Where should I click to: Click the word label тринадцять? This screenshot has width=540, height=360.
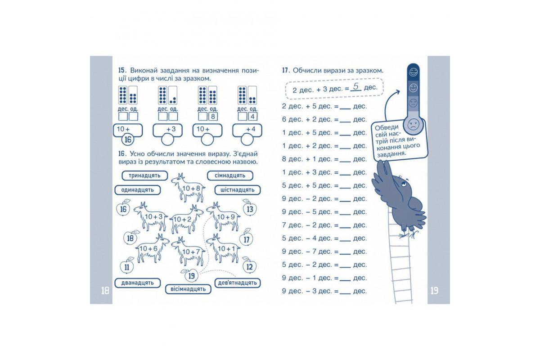[144, 175]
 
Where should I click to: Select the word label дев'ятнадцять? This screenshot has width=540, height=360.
[238, 283]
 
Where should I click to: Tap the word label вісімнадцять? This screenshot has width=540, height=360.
[188, 289]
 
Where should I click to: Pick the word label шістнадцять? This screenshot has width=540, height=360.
[238, 190]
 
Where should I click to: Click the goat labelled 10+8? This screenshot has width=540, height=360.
[189, 188]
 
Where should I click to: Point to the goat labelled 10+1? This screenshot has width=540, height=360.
[223, 248]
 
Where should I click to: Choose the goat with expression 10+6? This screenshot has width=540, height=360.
[153, 248]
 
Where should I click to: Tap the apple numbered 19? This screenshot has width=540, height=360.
[191, 275]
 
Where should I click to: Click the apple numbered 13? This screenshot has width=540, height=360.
[249, 208]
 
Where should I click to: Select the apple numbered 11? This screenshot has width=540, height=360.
[127, 266]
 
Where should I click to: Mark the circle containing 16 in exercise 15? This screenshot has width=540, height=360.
[128, 139]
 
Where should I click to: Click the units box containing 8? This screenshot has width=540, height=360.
[213, 117]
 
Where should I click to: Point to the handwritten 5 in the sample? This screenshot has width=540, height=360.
[356, 86]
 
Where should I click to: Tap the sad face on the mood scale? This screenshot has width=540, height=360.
[413, 125]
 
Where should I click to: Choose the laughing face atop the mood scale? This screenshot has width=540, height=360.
[413, 72]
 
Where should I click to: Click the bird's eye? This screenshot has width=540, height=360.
[404, 184]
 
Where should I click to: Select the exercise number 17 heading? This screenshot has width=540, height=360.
[286, 70]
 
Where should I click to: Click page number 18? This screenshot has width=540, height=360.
[105, 291]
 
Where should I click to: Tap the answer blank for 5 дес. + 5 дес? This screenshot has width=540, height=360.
[345, 188]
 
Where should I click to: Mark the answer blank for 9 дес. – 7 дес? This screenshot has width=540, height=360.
[345, 254]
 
